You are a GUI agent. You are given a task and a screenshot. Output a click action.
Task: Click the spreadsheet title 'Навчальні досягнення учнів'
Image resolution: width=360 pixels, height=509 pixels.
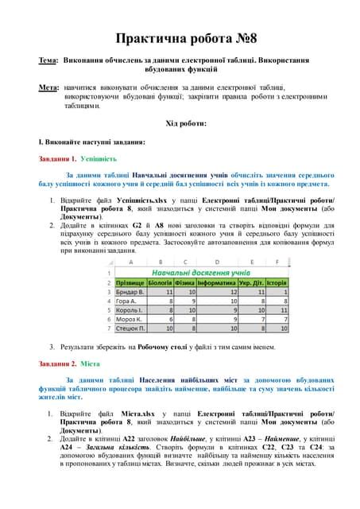coord(207,272)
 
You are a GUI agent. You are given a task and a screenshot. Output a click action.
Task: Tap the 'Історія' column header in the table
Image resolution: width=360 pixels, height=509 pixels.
coord(276,282)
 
